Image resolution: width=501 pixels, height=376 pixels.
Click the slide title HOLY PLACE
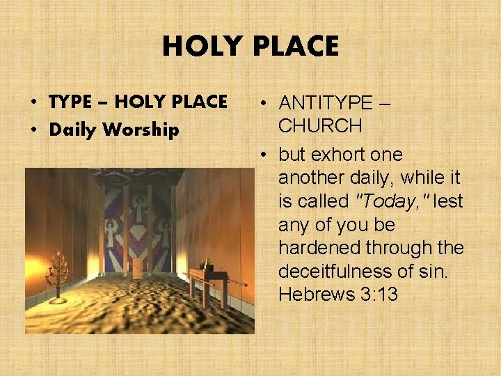[250, 47]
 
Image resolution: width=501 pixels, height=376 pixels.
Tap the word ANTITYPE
[326, 103]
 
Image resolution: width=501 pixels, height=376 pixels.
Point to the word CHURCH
[319, 126]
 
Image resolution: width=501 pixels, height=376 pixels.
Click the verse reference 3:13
[379, 295]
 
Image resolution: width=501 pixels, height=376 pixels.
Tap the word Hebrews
[316, 295]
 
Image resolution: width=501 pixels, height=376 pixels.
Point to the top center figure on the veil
[138, 207]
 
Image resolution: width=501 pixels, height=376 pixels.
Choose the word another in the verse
[311, 178]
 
